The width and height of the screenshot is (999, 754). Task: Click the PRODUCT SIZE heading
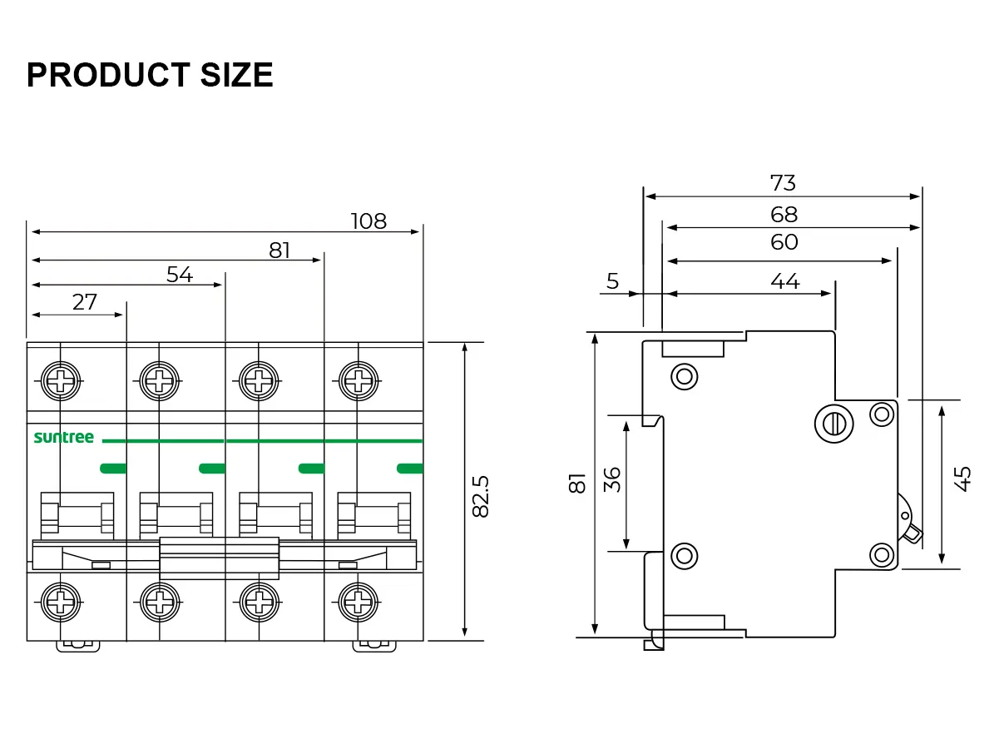(x=150, y=76)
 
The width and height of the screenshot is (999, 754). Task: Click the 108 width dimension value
(x=368, y=221)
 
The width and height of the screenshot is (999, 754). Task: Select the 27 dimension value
(x=85, y=302)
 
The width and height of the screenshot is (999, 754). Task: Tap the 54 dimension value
(x=180, y=275)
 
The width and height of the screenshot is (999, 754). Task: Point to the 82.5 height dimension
(x=481, y=496)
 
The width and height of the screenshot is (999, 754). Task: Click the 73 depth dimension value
(x=783, y=183)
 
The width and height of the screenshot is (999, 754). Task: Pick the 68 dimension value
(x=784, y=216)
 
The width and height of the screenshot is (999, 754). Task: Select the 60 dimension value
(x=784, y=242)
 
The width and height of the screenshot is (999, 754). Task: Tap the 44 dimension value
(x=784, y=282)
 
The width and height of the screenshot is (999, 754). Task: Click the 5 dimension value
(x=613, y=282)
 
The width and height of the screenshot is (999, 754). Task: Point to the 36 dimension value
(x=612, y=479)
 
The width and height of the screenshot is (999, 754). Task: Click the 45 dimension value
(x=962, y=479)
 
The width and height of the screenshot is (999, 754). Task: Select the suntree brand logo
(x=64, y=438)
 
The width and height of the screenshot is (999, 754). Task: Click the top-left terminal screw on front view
(x=62, y=382)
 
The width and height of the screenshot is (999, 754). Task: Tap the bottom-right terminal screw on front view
(x=358, y=599)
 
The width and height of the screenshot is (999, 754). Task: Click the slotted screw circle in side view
(x=833, y=424)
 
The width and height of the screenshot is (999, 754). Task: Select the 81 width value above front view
(x=279, y=251)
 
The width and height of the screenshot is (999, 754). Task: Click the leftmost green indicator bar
(x=113, y=469)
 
